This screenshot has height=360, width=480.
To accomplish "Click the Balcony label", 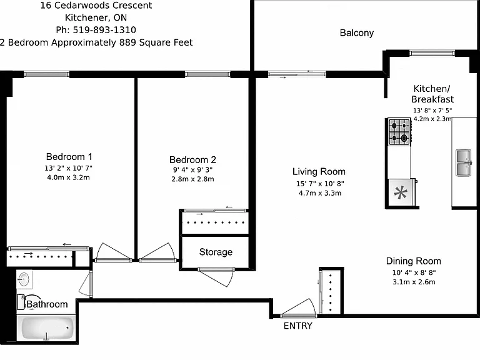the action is [x=357, y=32].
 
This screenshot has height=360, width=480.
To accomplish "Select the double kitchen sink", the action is [x=464, y=162].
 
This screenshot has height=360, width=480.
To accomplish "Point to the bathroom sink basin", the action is [x=24, y=279].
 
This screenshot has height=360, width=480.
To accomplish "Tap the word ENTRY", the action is [x=298, y=326].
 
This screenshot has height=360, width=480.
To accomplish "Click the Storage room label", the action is [x=216, y=252].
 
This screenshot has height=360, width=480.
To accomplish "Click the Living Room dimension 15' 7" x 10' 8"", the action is [x=320, y=184].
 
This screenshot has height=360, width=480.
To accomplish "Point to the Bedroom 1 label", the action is [x=69, y=157].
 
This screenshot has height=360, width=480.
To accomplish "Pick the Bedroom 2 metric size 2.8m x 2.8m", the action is [x=192, y=179].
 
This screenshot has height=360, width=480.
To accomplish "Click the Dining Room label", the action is [x=413, y=261].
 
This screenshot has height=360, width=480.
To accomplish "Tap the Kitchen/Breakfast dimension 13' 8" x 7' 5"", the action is [x=432, y=110].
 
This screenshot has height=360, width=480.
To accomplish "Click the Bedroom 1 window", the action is [x=46, y=74].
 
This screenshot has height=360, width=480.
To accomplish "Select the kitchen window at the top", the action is [x=432, y=53].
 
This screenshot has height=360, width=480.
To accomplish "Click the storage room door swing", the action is [x=216, y=277].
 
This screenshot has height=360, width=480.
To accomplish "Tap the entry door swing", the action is [x=298, y=308].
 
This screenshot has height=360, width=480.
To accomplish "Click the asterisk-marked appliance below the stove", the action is [x=401, y=193].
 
